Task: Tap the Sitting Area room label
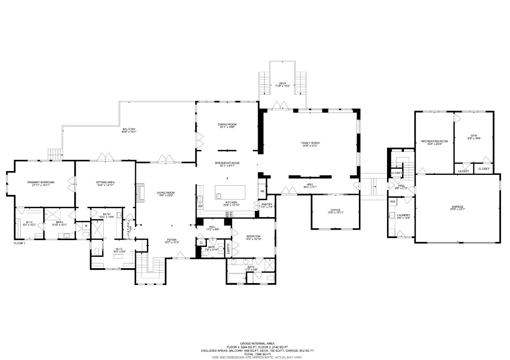106,182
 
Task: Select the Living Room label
166,192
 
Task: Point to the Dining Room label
227,124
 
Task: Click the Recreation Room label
434,141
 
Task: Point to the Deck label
282,83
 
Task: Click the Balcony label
129,129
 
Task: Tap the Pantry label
266,204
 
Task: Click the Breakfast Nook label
227,163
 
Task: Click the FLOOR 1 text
19,243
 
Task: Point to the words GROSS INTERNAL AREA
254,343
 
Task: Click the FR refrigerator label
262,191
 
